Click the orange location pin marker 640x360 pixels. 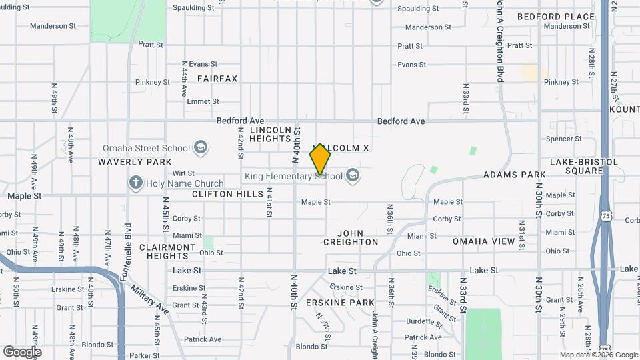pos(320,159)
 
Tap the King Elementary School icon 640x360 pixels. pos(353,176)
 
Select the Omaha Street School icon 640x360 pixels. pos(200,148)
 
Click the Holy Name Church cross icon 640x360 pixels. pos(136,183)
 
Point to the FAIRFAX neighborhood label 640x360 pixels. pos(217,79)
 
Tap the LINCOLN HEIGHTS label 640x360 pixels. pos(271,134)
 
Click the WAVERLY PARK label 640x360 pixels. pos(135,162)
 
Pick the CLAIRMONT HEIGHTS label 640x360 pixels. pos(167,251)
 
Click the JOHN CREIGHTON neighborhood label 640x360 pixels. pos(351,237)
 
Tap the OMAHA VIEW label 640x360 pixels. pos(484,241)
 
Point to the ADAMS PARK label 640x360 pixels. pos(515,175)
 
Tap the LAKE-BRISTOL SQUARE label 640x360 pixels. pos(576,166)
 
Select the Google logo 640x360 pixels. pos(22,352)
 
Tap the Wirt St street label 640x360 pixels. pos(183,173)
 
